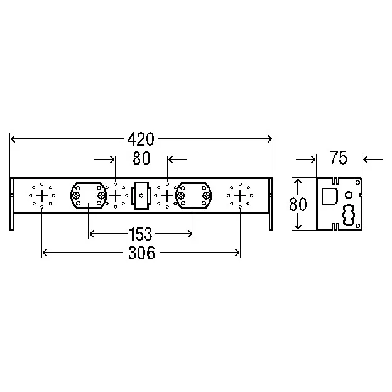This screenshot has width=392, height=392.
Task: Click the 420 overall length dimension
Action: [141, 139]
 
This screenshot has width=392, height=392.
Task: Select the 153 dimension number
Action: [141, 234]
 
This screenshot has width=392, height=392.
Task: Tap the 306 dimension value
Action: [141, 253]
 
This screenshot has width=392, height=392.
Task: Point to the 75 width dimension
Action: [339, 158]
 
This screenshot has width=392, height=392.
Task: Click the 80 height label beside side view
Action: [298, 204]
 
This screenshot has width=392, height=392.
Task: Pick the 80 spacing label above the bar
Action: [141, 158]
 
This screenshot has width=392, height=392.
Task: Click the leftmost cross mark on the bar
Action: [41, 195]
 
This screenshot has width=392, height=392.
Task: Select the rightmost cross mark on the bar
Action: [240, 195]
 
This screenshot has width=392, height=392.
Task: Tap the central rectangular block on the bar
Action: [141, 195]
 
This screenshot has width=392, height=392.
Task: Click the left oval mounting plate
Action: [89, 195]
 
